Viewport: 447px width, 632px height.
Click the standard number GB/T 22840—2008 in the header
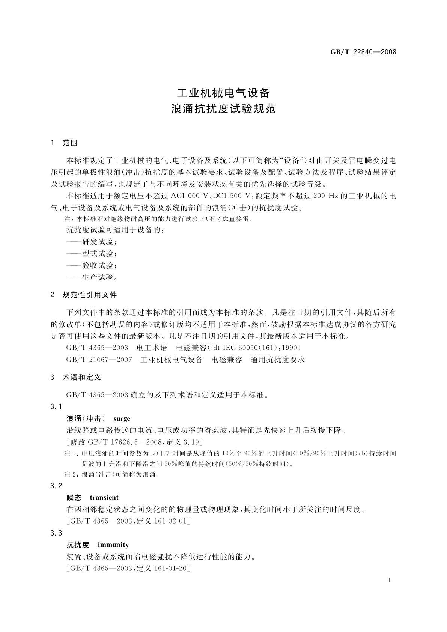click(x=363, y=52)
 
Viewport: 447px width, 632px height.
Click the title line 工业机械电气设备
click(x=223, y=92)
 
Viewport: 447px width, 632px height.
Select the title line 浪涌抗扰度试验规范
click(x=223, y=109)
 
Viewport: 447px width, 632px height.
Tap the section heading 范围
click(x=70, y=143)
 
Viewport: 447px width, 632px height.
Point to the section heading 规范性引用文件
click(x=90, y=295)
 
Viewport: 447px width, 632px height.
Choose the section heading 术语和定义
click(x=82, y=378)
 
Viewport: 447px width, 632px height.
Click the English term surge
click(x=122, y=418)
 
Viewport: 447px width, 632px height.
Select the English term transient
click(x=104, y=498)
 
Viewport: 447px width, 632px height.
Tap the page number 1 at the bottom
click(x=390, y=580)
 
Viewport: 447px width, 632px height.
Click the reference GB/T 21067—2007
click(x=99, y=360)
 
